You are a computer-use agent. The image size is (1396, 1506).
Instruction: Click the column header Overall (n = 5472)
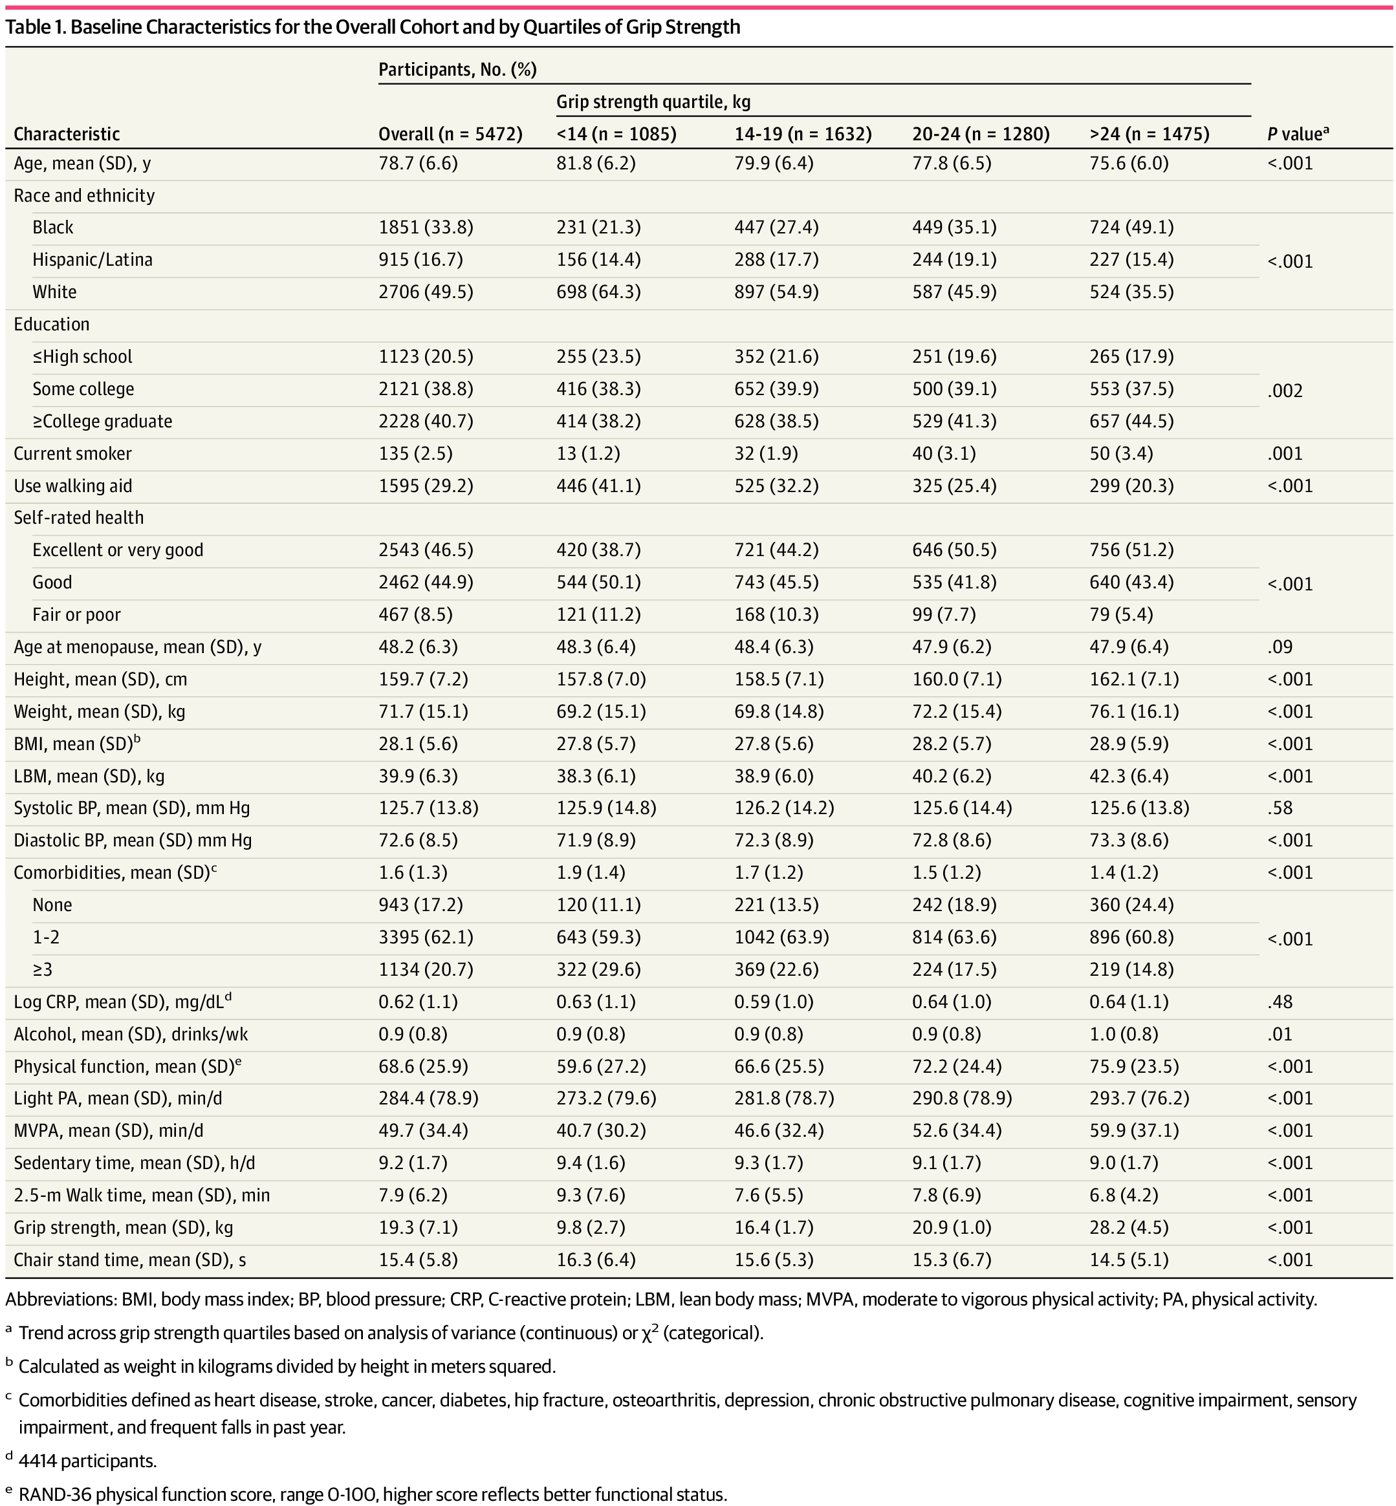450,134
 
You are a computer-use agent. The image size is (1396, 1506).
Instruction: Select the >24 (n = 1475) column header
1149,134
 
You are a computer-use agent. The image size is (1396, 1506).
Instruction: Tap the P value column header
1297,134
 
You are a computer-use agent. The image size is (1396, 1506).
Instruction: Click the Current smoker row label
72,454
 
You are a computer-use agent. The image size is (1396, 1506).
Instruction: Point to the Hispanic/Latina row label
92,260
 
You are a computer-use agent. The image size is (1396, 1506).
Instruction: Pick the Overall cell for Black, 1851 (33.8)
425,228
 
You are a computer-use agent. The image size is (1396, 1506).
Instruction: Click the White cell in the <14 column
598,292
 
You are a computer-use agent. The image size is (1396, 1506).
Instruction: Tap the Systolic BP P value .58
1280,808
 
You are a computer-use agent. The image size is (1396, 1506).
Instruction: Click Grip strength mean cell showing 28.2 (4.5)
1129,1228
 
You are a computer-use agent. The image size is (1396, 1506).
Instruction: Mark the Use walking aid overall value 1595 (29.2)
425,486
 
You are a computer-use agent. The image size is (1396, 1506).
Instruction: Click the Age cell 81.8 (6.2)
595,163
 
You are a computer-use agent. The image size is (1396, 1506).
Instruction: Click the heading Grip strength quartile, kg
653,102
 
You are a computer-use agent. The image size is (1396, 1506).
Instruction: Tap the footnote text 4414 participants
87,1461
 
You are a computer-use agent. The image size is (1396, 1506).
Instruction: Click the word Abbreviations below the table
58,1300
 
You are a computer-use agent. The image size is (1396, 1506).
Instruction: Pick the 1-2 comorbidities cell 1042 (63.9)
781,937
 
